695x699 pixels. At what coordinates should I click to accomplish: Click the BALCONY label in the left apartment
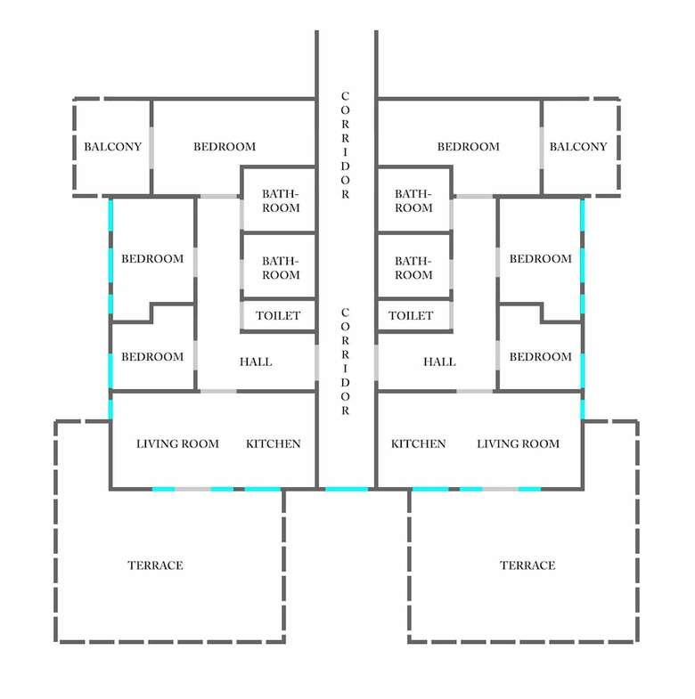(113, 147)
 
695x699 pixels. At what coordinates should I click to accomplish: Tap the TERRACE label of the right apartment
(527, 565)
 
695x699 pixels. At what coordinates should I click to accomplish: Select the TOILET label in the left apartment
(278, 315)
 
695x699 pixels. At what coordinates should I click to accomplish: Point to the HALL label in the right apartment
(439, 362)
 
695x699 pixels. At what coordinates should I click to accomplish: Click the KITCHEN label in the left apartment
(273, 443)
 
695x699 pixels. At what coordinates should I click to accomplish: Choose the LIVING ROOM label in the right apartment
(518, 443)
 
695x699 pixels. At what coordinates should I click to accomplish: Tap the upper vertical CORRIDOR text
(345, 145)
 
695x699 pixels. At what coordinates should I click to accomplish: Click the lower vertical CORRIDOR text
(345, 362)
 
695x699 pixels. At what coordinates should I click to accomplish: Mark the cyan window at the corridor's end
(347, 489)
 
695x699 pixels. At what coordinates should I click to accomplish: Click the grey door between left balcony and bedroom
(151, 148)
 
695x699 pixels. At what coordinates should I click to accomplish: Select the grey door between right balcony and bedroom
(542, 148)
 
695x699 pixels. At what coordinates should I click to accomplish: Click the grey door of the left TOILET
(241, 315)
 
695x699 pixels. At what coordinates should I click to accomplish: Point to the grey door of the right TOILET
(451, 315)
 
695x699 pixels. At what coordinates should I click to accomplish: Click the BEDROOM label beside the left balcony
(225, 147)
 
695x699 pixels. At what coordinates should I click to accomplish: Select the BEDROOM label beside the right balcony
(469, 147)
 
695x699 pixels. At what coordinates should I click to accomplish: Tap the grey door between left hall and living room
(218, 392)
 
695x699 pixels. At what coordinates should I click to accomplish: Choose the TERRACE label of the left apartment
(155, 565)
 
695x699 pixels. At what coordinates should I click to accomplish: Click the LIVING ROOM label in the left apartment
(177, 443)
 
